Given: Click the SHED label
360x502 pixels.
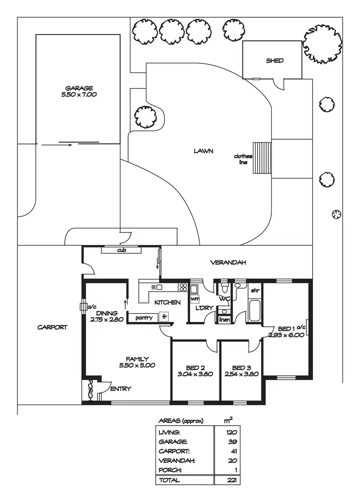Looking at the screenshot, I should point(275,61).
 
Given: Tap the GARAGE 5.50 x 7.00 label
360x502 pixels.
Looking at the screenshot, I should point(80,91).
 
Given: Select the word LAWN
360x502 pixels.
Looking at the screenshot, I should point(203,151).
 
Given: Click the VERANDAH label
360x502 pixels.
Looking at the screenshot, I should point(228,263).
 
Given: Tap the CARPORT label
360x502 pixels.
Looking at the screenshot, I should point(52,327).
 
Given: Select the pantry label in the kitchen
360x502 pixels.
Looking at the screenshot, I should point(144,317).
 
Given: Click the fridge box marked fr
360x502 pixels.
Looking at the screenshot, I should point(164,317).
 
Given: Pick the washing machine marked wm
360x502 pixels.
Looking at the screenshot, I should point(194,299).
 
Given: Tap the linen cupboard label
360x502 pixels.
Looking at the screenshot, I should point(224,320).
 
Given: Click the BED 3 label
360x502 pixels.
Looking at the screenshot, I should point(239,368).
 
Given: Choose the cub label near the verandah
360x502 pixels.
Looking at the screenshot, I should point(121,251).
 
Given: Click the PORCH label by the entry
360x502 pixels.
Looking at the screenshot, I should point(90,389).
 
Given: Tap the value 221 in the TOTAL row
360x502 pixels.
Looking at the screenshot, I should point(232,480).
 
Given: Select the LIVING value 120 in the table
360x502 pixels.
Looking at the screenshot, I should point(232,432).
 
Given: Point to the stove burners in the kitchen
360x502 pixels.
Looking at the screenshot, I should point(183,287).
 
